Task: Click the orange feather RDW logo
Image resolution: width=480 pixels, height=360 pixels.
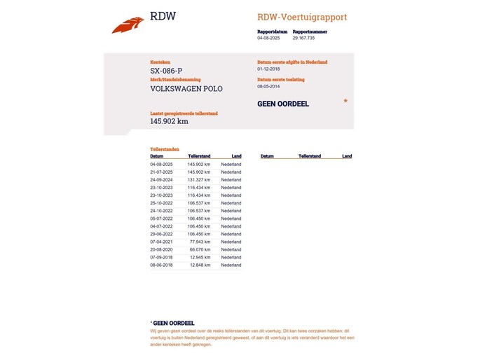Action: point(128,26)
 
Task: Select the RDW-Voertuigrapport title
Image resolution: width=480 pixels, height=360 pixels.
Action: point(302,17)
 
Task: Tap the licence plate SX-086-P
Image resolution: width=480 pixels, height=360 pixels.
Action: point(166,71)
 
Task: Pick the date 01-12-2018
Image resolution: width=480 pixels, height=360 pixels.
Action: point(269,69)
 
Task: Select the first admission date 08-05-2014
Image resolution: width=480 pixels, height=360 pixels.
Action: point(269,86)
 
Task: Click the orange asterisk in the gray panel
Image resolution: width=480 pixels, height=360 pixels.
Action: point(345,102)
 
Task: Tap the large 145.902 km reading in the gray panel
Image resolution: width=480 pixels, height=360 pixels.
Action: point(169,121)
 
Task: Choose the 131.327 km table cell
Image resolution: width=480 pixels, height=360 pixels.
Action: point(199,180)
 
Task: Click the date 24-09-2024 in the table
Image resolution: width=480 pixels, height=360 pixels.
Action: point(161,180)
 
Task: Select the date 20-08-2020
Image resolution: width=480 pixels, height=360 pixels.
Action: point(161,249)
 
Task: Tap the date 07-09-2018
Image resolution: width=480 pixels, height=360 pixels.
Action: point(161,257)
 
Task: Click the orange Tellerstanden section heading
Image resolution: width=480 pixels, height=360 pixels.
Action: point(165,149)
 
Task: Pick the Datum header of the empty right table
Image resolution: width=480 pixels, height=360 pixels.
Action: point(267,156)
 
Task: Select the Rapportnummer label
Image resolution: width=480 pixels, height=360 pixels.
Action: point(310,32)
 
